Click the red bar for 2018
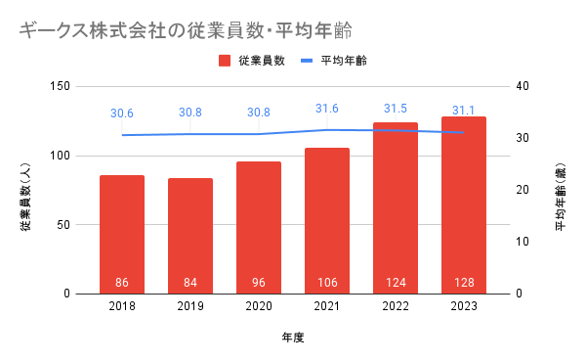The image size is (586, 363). tap(122, 234)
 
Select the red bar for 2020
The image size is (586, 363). tap(259, 228)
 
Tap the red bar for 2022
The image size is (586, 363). tap(396, 208)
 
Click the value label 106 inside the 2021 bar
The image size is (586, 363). tap(327, 282)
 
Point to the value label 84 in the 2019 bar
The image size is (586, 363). tap(190, 282)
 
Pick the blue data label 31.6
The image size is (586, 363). tap(327, 109)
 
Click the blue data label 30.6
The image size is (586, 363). tap(122, 113)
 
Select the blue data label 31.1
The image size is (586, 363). tap(463, 111)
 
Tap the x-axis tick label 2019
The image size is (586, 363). tap(190, 306)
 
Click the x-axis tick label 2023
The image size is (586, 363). tap(464, 306)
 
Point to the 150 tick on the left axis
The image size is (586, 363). tap(61, 86)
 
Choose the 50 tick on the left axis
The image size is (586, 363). tap(63, 225)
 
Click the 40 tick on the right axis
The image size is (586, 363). tap(523, 86)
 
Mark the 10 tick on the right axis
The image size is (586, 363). tap(523, 242)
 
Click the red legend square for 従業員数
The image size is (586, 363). tap(225, 61)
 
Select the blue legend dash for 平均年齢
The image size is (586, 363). tap(307, 61)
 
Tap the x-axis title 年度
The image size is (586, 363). tap(293, 338)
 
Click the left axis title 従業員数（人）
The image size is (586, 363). tap(25, 197)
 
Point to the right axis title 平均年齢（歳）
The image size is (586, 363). tap(561, 197)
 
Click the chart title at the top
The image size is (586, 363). tap(186, 30)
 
